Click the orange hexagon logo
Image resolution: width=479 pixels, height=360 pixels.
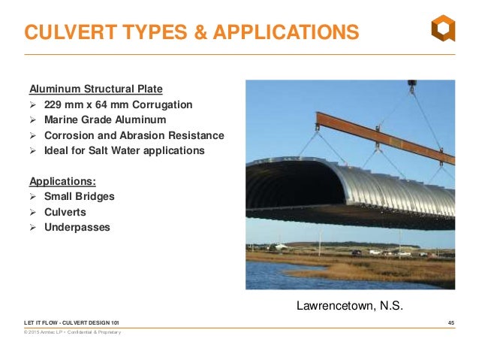coord(442,28)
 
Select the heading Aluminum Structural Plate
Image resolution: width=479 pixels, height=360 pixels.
coord(95,88)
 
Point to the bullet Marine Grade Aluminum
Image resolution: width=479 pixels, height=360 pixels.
coord(105,119)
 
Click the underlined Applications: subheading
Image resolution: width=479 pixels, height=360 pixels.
coord(62,181)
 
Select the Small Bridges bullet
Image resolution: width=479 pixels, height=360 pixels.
coord(79,197)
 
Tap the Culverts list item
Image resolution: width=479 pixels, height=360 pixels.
coord(66,212)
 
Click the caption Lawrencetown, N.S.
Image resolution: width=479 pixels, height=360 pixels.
coord(350,306)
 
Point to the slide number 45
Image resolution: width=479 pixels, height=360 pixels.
coord(450,322)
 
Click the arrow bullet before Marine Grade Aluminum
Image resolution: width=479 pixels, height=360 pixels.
coord(33,119)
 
